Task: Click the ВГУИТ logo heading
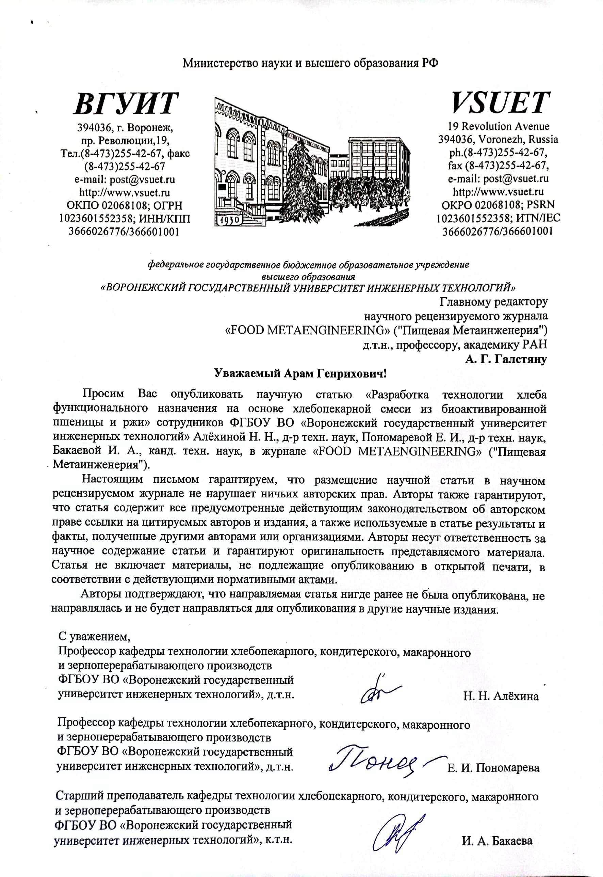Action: [126, 103]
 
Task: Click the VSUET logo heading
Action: [500, 102]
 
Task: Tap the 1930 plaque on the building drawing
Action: [229, 220]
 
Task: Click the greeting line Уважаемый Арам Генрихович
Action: [300, 373]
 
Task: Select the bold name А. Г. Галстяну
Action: [506, 359]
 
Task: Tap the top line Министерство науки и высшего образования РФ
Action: [310, 63]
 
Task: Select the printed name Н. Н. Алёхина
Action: [501, 696]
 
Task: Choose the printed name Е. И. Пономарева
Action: [493, 768]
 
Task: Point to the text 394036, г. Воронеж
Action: [125, 128]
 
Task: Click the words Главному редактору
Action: [493, 302]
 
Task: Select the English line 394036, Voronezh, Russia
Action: [498, 140]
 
